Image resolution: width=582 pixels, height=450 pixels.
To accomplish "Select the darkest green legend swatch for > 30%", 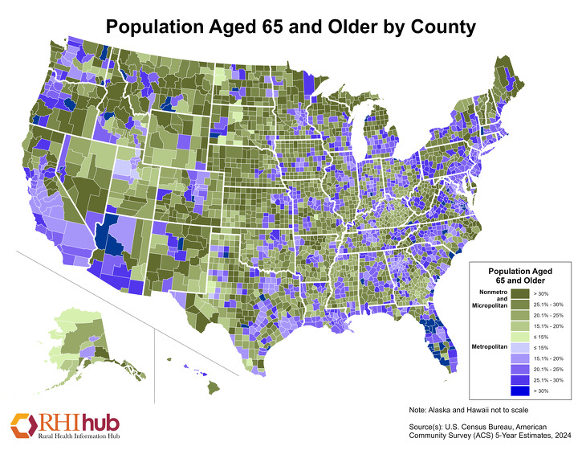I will [498, 296].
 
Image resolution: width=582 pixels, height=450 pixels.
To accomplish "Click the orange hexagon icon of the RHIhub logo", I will [22, 423].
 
